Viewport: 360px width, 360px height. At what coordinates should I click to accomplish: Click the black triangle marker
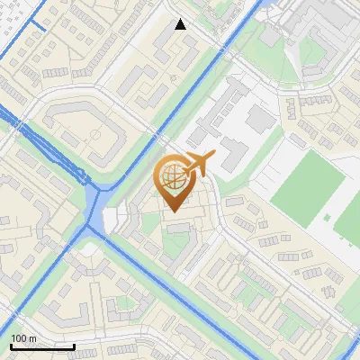coord(181,24)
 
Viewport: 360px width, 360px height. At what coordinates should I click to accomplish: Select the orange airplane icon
coord(199,164)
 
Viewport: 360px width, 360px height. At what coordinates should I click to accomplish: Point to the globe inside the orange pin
coord(173,175)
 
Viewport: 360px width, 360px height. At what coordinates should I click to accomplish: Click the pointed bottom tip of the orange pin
coord(174,211)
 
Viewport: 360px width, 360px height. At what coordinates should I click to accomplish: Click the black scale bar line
coord(42,346)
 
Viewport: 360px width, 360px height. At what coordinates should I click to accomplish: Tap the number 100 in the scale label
coord(18,338)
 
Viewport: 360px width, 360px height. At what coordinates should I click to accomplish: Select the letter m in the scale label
coord(31,338)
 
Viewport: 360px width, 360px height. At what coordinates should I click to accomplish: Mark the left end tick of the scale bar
coord(10,345)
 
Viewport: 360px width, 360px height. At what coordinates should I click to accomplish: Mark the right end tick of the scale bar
coord(75,345)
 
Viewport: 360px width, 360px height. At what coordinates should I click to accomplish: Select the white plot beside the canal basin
coord(113,220)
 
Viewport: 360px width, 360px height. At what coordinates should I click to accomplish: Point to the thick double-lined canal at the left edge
coord(11,117)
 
